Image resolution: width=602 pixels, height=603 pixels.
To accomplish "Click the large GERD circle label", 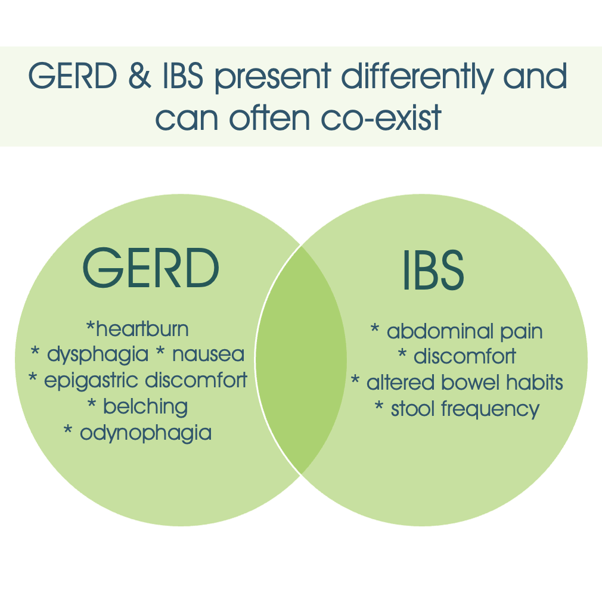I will pos(150,268).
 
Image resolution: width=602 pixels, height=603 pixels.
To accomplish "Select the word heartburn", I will pos(142,328).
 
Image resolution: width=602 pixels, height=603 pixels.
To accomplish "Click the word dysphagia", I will pos(97,355).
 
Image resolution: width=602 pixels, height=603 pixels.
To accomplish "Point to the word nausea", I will pos(208,355).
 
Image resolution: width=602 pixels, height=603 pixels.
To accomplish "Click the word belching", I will pos(145,406).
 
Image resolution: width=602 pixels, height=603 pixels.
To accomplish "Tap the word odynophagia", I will pos(145,433).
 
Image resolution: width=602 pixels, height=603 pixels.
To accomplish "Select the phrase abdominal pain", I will pos(464,331).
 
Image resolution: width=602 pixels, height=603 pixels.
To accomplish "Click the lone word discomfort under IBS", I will pos(464,357).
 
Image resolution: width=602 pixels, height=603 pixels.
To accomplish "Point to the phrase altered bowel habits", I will pos(464,383).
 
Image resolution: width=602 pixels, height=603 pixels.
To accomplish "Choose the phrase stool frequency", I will pos(464,409).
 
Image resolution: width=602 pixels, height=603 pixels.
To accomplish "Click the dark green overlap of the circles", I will pos(301,360).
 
